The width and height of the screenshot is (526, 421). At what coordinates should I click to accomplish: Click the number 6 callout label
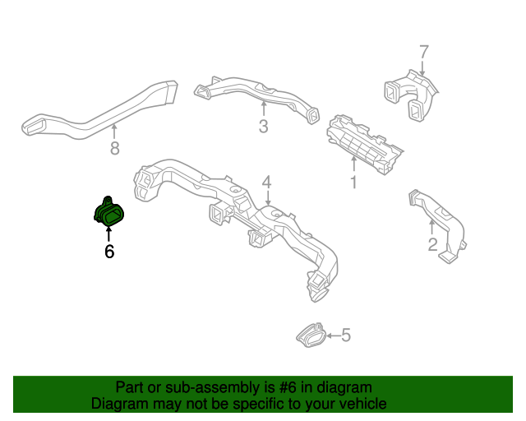108,252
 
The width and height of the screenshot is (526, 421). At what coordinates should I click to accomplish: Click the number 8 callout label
115,148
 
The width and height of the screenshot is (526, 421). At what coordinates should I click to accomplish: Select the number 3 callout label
263,127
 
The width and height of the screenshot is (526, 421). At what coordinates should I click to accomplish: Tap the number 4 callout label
266,181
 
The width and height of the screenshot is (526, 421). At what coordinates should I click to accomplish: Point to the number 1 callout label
353,183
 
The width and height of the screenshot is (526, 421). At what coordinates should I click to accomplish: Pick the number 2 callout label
432,244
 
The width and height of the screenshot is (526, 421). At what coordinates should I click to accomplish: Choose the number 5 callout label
345,335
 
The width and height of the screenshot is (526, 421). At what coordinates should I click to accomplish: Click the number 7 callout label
424,52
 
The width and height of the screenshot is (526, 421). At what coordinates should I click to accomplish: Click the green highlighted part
109,214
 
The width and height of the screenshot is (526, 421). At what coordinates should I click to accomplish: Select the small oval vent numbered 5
310,334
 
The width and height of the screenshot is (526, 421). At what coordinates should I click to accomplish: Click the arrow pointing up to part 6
108,233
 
